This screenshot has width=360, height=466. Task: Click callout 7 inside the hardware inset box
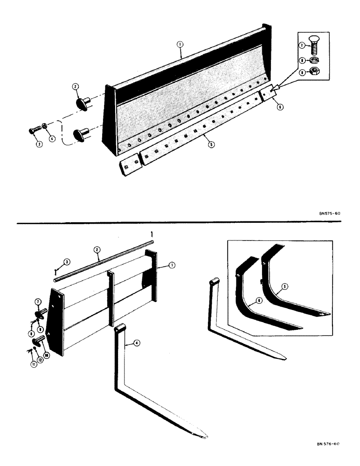point(303,46)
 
